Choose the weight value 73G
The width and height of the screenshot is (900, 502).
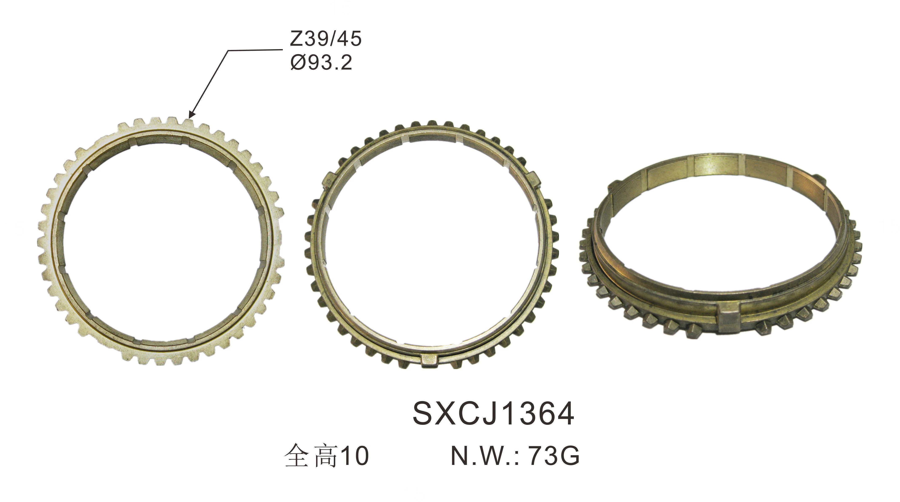coord(554,455)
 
